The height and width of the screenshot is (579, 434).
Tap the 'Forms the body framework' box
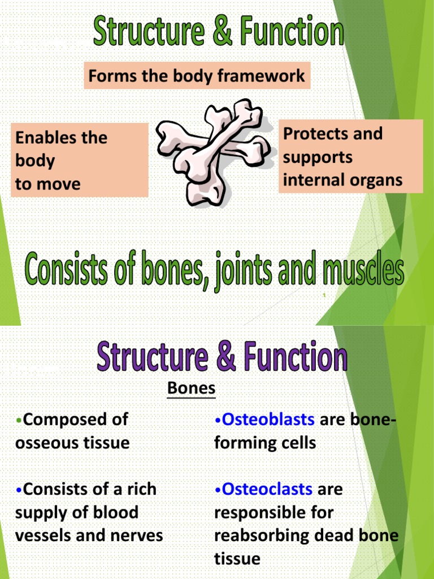click(x=197, y=76)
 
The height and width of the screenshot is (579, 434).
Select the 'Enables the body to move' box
click(x=79, y=160)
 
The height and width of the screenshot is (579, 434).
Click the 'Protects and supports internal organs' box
click(x=350, y=157)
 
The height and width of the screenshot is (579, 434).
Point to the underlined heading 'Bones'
click(x=192, y=388)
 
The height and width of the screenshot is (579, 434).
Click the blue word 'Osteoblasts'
click(x=268, y=419)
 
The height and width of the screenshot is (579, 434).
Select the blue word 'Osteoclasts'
click(x=267, y=489)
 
